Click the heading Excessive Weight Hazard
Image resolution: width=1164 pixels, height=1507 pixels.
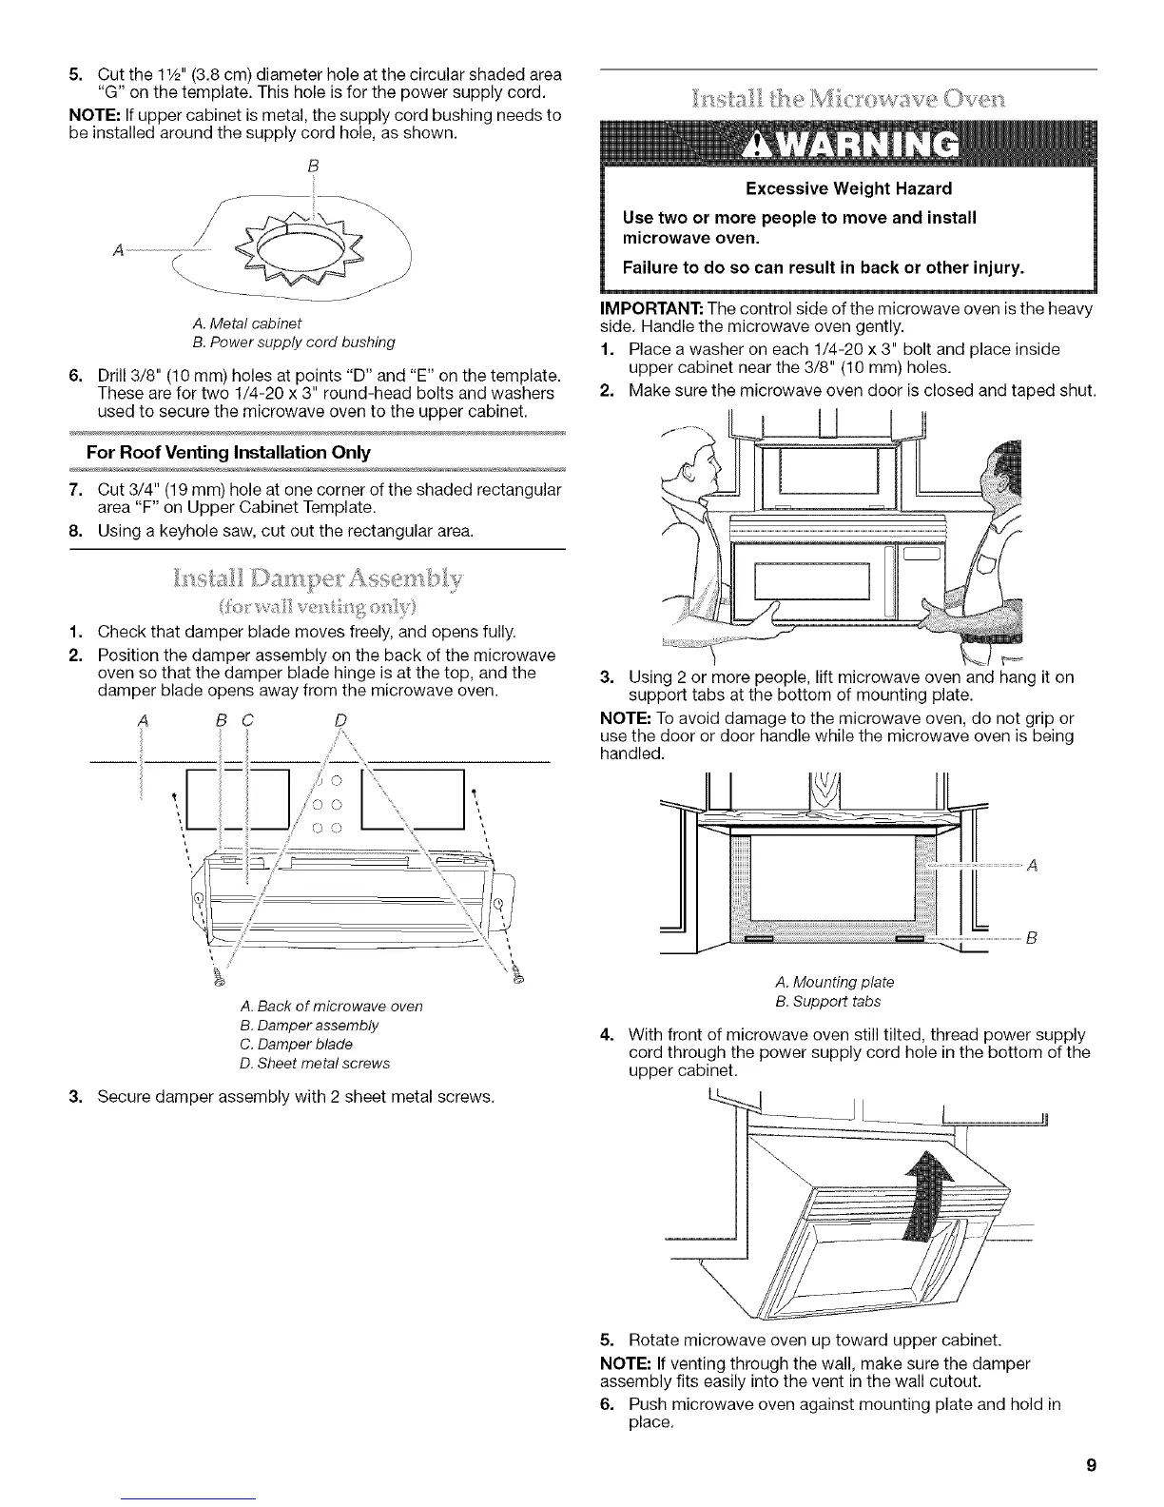(849, 188)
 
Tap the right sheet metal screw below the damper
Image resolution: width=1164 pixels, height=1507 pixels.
(517, 971)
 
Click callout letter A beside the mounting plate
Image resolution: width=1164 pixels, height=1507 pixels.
(1032, 865)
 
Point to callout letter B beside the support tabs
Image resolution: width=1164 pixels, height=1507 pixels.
(1030, 939)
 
